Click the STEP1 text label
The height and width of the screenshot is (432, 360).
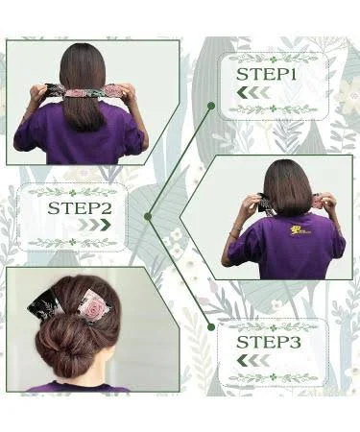266,75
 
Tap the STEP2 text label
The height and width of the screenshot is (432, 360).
80,208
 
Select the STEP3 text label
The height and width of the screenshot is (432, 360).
269,343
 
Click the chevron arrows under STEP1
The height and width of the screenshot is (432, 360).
253,92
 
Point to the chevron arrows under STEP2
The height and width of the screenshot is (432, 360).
94,225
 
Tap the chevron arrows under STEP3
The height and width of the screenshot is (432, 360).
253,361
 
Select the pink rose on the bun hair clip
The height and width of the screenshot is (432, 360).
96,306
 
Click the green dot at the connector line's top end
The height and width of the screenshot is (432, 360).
211,105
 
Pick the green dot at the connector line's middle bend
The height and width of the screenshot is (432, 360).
148,217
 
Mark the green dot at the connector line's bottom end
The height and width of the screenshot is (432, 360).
211,326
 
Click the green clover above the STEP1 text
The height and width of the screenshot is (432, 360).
273,60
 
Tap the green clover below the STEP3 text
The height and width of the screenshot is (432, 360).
273,376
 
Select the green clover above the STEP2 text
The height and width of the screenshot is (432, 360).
73,193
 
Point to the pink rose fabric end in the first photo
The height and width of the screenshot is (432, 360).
113,90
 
